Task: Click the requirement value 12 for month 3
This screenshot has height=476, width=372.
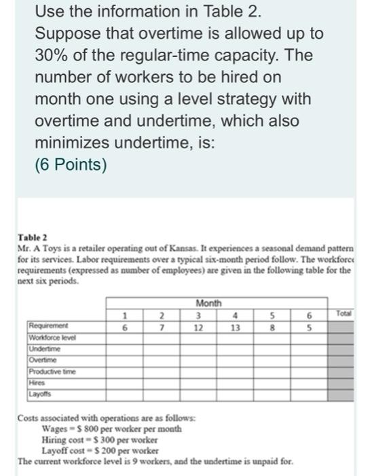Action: tap(198, 326)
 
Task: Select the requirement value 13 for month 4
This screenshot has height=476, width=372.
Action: tap(235, 326)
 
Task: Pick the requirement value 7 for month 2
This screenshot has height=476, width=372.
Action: tap(162, 326)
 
